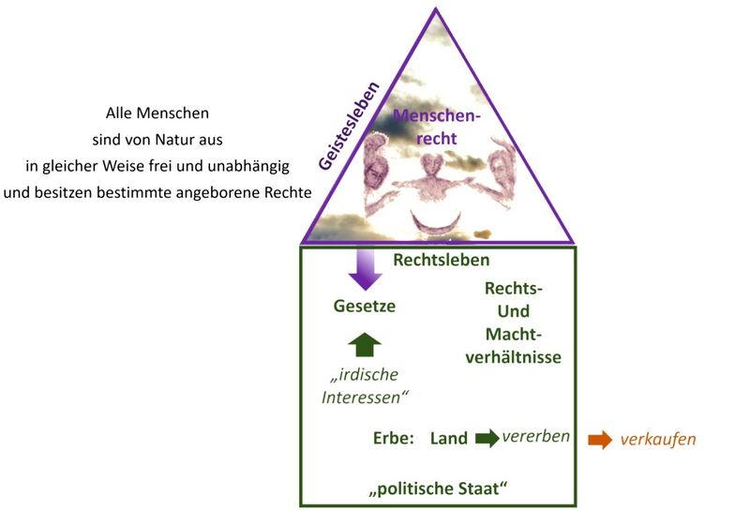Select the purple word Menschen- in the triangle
(435, 116)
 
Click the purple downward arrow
(366, 267)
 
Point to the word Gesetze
(365, 306)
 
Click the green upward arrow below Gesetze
(366, 344)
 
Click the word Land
(449, 438)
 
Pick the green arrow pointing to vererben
(487, 438)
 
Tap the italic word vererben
(535, 436)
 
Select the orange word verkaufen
(658, 439)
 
